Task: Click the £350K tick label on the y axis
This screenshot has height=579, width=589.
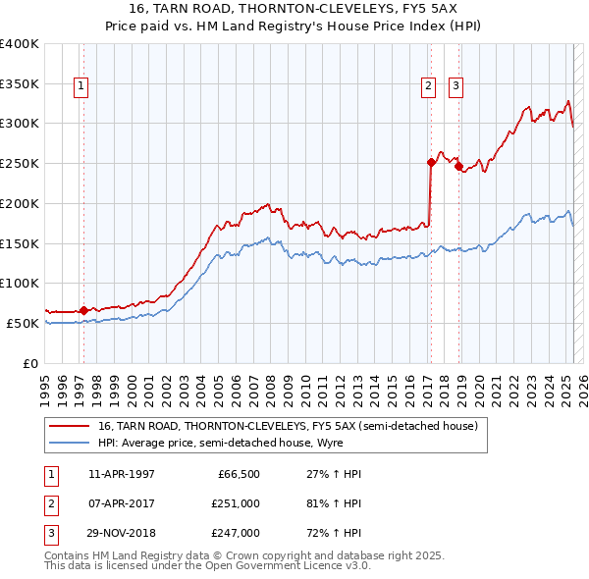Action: click(21, 84)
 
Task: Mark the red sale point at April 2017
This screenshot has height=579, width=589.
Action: click(431, 163)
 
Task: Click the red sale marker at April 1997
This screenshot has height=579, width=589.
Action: click(83, 310)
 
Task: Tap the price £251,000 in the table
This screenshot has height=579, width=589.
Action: click(236, 503)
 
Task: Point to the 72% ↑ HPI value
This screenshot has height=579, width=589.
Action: click(328, 533)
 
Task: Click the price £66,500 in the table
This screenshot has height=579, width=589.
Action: click(239, 474)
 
